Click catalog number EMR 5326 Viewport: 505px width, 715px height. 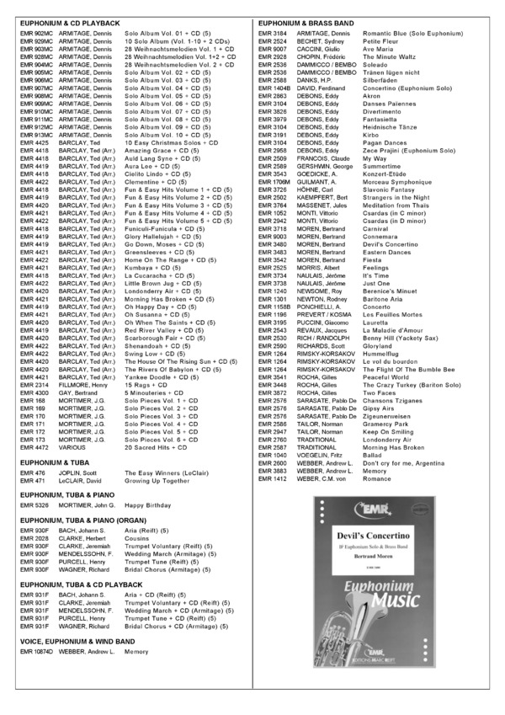[35, 504]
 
